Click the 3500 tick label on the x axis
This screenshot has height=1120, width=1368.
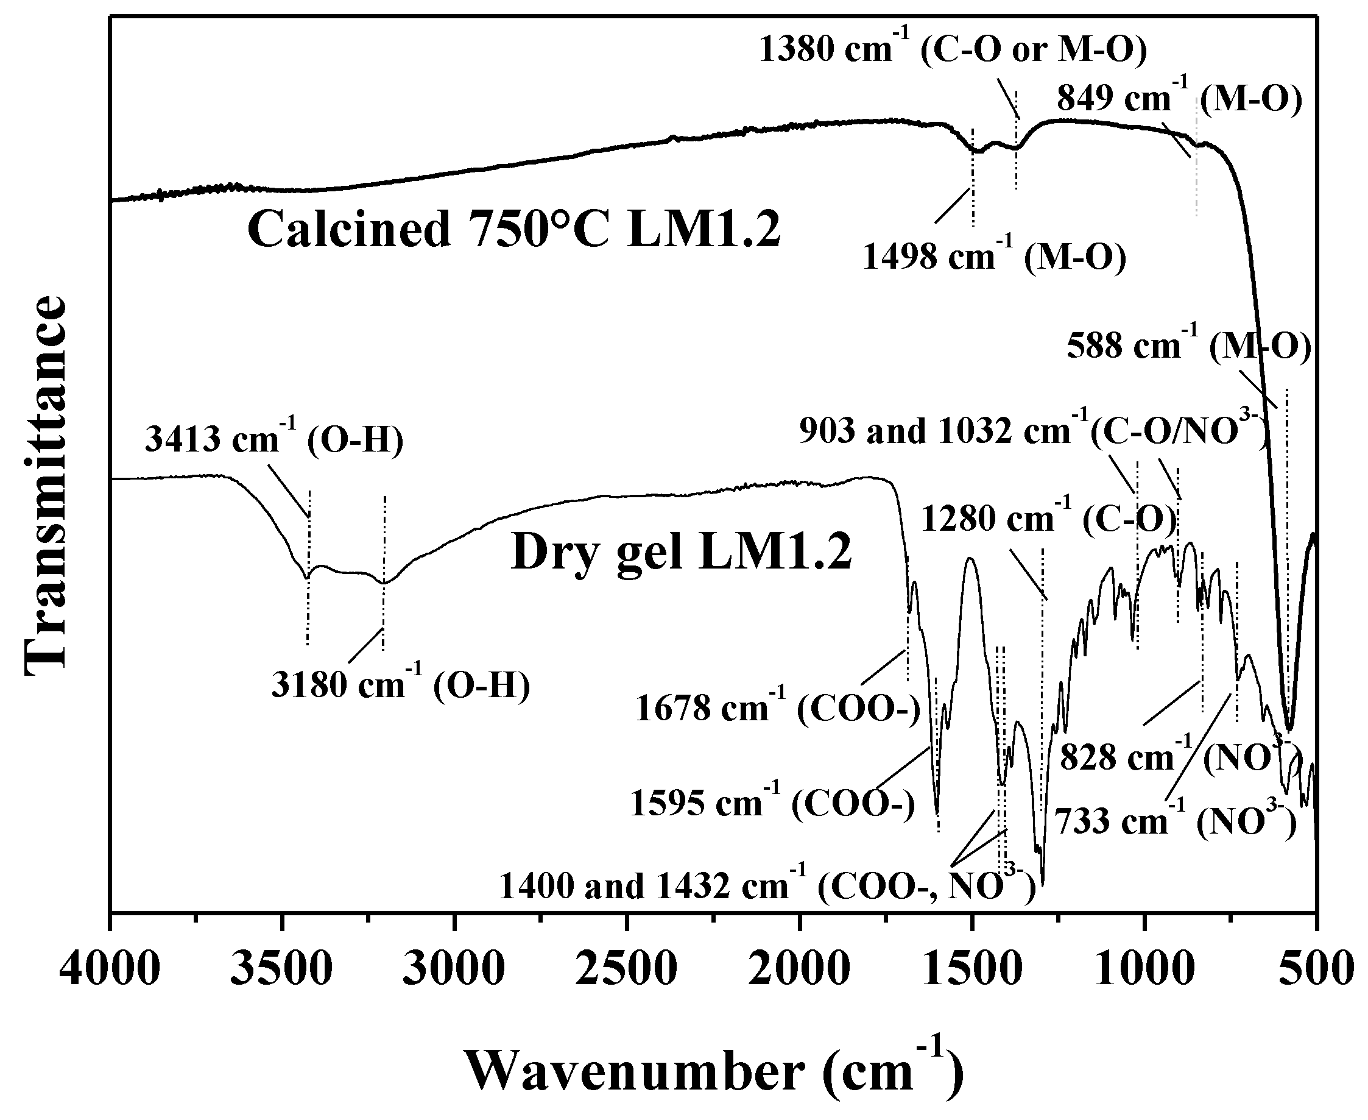[x=281, y=970]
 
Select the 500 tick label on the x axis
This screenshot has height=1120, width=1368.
[x=1316, y=970]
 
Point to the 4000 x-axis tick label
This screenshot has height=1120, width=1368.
[x=110, y=970]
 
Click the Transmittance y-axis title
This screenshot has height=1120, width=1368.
[x=46, y=485]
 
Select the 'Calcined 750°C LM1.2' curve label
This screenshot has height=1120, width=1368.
[x=513, y=231]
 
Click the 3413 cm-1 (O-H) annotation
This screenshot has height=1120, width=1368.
[x=274, y=441]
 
